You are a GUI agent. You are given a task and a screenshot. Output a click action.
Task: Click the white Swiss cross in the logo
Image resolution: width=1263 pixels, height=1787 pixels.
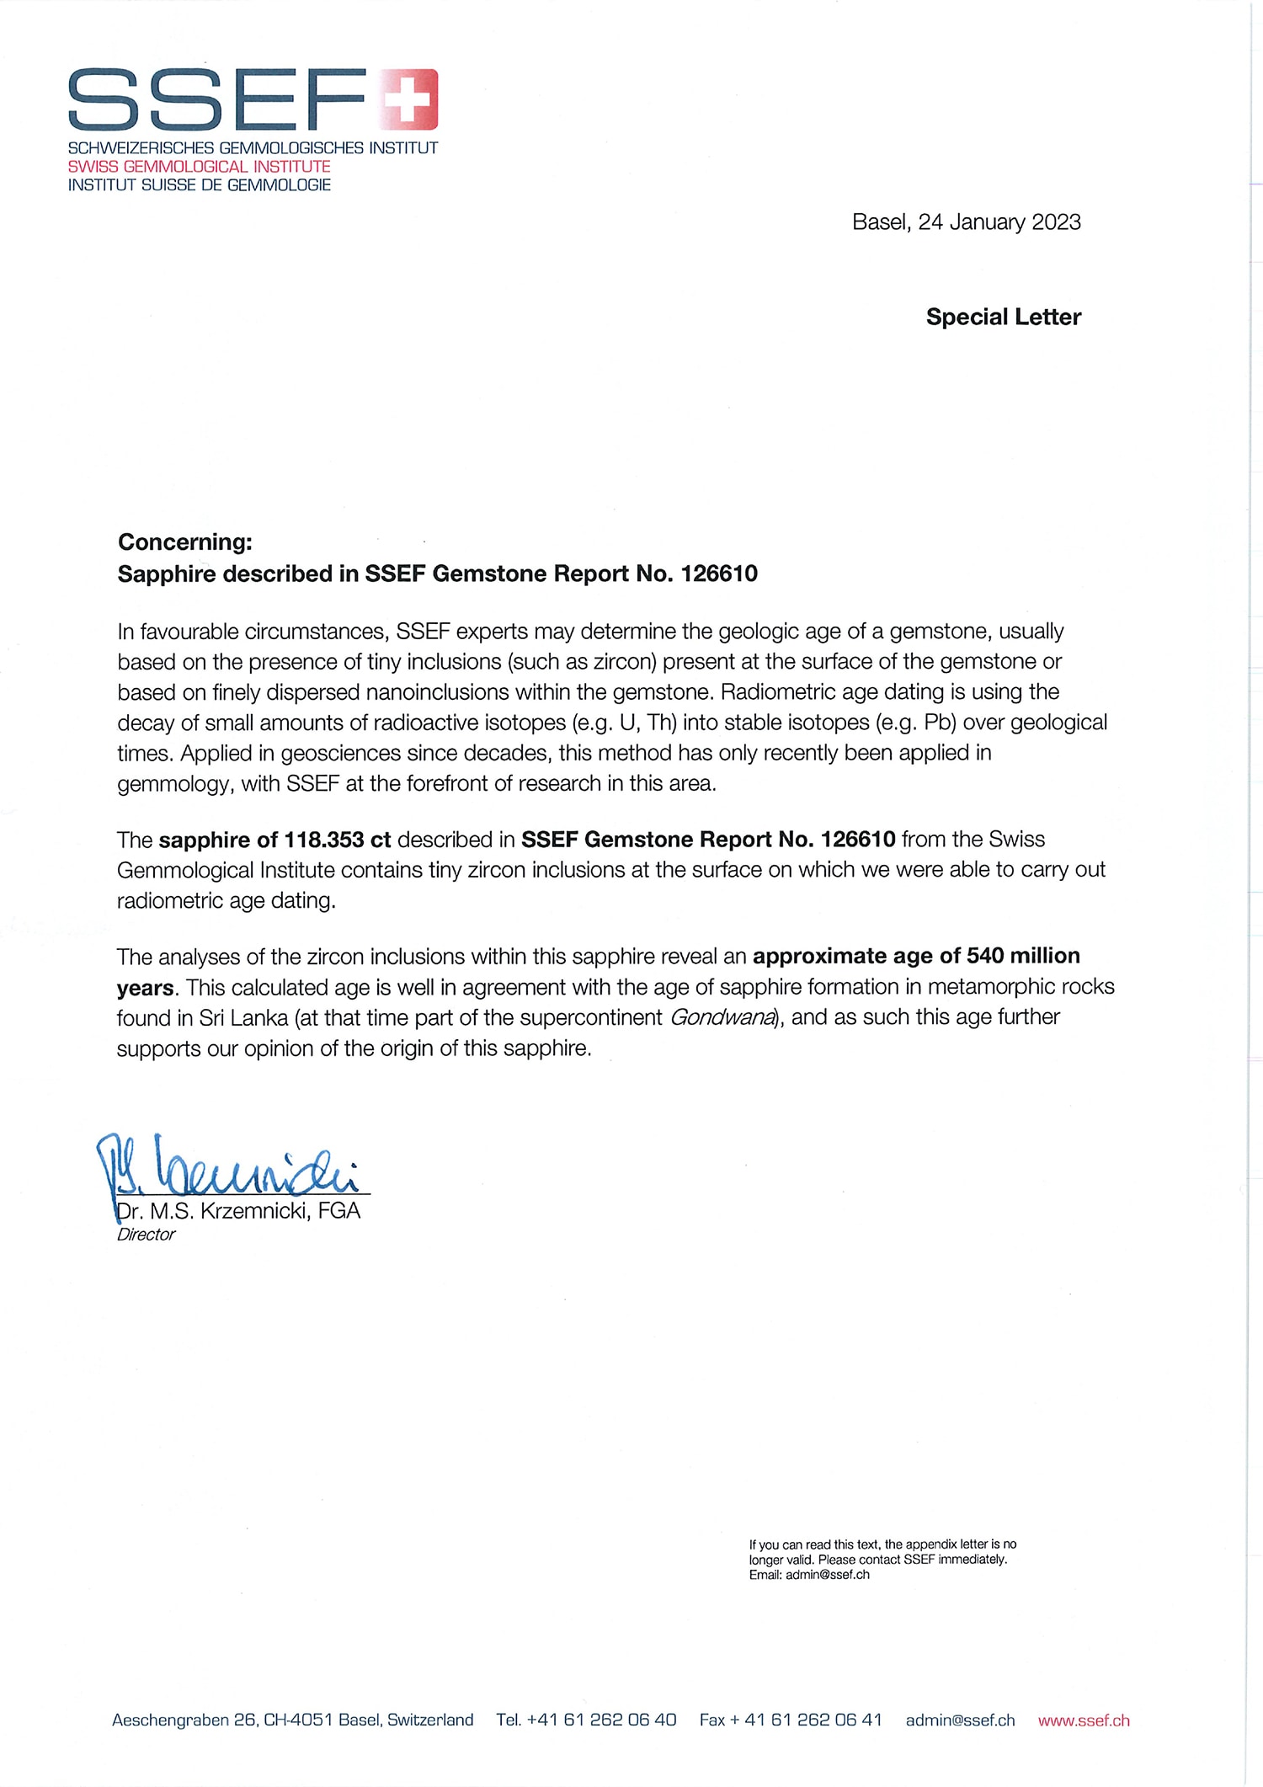pos(411,99)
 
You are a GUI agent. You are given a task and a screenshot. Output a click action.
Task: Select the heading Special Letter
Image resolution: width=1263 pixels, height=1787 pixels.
pos(1003,317)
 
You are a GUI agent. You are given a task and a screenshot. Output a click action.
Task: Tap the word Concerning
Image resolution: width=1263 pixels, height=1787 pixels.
pos(184,541)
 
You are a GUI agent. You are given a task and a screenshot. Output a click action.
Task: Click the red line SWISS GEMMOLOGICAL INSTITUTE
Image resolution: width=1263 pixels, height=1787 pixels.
pos(200,167)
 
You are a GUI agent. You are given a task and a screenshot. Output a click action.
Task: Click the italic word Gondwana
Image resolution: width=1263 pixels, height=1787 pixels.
pos(722,1018)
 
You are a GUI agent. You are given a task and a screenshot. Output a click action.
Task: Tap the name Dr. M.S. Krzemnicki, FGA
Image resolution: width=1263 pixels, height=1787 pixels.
pos(238,1211)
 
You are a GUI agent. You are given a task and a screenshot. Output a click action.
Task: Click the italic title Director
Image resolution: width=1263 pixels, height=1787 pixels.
pos(146,1235)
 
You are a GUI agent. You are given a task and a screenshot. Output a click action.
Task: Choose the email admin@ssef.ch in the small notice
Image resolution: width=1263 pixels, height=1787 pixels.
pos(827,1575)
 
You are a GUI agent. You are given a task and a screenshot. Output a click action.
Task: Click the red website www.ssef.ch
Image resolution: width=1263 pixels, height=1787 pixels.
pos(1084,1720)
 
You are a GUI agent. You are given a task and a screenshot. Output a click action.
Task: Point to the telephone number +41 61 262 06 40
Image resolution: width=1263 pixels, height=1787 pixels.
pos(601,1720)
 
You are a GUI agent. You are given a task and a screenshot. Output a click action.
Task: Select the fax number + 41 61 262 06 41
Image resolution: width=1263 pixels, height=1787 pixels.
pos(813,1720)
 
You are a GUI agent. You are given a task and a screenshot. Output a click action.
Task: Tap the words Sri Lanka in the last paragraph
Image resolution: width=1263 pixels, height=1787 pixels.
pos(243,1018)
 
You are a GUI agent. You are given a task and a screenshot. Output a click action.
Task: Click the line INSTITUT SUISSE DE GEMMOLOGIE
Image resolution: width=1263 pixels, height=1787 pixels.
pos(200,185)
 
